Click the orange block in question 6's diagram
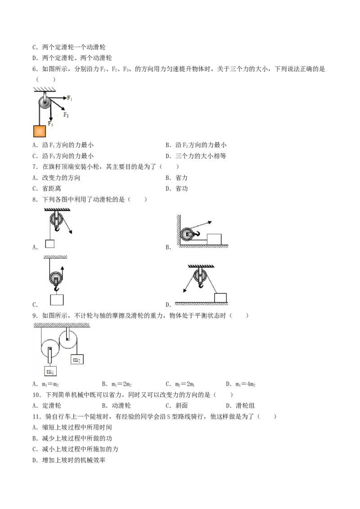(x=39, y=131)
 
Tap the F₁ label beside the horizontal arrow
(x=70, y=98)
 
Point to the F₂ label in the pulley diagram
(x=66, y=115)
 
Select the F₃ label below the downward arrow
(x=50, y=124)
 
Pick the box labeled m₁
(x=50, y=371)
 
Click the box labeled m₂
(x=77, y=359)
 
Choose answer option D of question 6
(x=196, y=156)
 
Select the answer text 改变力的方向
(x=61, y=178)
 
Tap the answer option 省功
(x=182, y=188)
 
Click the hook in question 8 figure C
(x=57, y=289)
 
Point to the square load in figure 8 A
(x=49, y=243)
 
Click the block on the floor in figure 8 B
(x=214, y=240)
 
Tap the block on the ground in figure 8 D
(x=220, y=298)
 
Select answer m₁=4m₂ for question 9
(x=241, y=384)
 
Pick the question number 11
(x=37, y=416)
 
